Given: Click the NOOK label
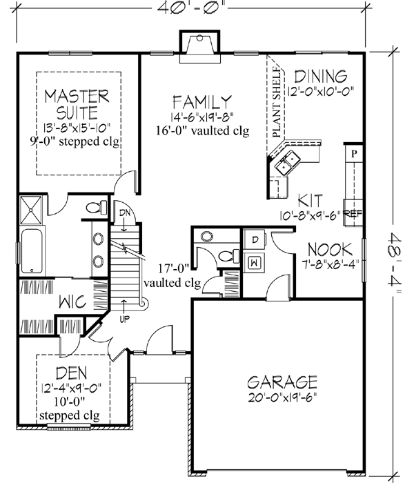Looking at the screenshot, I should tap(331, 249).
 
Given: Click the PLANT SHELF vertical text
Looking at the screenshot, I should tap(277, 104).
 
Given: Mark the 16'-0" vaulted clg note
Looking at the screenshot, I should tap(201, 130).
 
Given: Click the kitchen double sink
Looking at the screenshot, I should tap(288, 163).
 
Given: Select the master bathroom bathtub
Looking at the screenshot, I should tap(32, 253).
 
